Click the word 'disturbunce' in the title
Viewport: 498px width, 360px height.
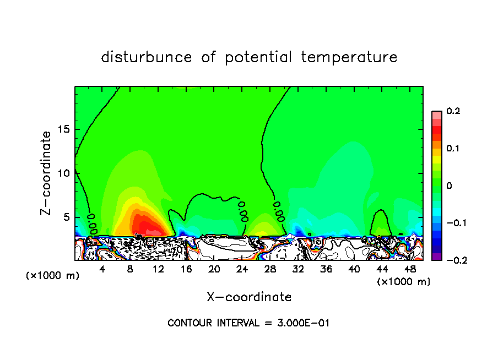(147, 57)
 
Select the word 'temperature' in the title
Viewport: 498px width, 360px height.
(349, 57)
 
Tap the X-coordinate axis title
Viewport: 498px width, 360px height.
(249, 297)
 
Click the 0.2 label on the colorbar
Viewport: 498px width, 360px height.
(453, 111)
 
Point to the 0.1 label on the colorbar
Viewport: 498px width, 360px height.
(453, 149)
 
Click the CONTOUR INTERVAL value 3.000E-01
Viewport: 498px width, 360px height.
(304, 323)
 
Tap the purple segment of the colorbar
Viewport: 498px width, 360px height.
(436, 257)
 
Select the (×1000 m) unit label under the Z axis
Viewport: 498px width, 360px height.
(52, 276)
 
